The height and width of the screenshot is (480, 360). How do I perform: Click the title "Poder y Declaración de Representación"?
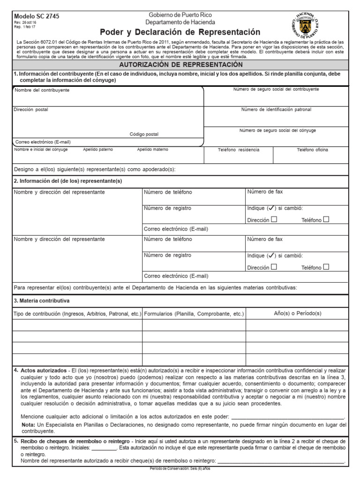pos(180,32)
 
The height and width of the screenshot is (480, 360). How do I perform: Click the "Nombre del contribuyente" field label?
pos(42,90)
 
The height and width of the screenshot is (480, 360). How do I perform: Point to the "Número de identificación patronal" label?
pos(276,110)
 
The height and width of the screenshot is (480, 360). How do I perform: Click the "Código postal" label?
pos(144,134)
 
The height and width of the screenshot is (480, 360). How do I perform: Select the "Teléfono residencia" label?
pos(238,150)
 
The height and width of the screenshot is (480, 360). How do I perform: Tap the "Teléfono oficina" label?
pos(312,150)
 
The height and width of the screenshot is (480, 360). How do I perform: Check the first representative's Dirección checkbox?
pos(274,219)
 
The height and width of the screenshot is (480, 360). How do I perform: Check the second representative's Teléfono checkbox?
pos(326,267)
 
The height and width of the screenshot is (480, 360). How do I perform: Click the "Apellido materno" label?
pos(152,150)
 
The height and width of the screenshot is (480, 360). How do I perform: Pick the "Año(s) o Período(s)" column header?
pos(297,313)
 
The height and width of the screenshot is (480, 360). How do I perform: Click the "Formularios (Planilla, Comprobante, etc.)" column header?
pos(194,314)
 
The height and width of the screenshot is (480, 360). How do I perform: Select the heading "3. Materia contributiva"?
pos(41,300)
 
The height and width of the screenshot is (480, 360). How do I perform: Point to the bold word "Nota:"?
pos(28,425)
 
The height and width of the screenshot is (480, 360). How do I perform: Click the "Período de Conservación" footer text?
pos(180,469)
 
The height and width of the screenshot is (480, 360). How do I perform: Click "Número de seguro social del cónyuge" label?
pos(277,131)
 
